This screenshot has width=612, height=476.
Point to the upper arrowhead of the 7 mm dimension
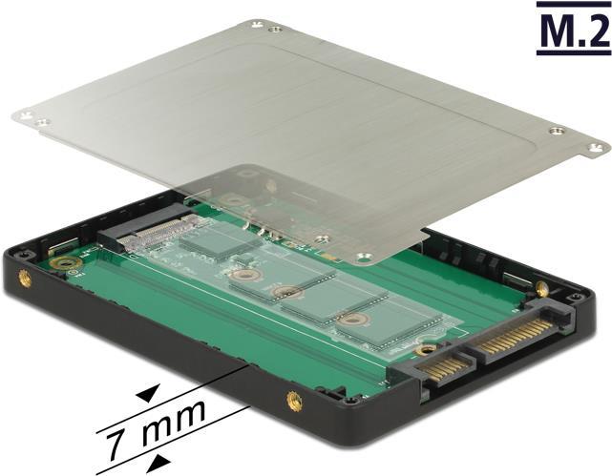149,393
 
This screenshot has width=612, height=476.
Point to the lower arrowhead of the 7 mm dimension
158,465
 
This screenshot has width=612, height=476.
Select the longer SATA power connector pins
518,336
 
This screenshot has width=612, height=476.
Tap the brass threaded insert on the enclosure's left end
25,279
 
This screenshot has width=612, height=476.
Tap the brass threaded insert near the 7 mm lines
294,402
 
